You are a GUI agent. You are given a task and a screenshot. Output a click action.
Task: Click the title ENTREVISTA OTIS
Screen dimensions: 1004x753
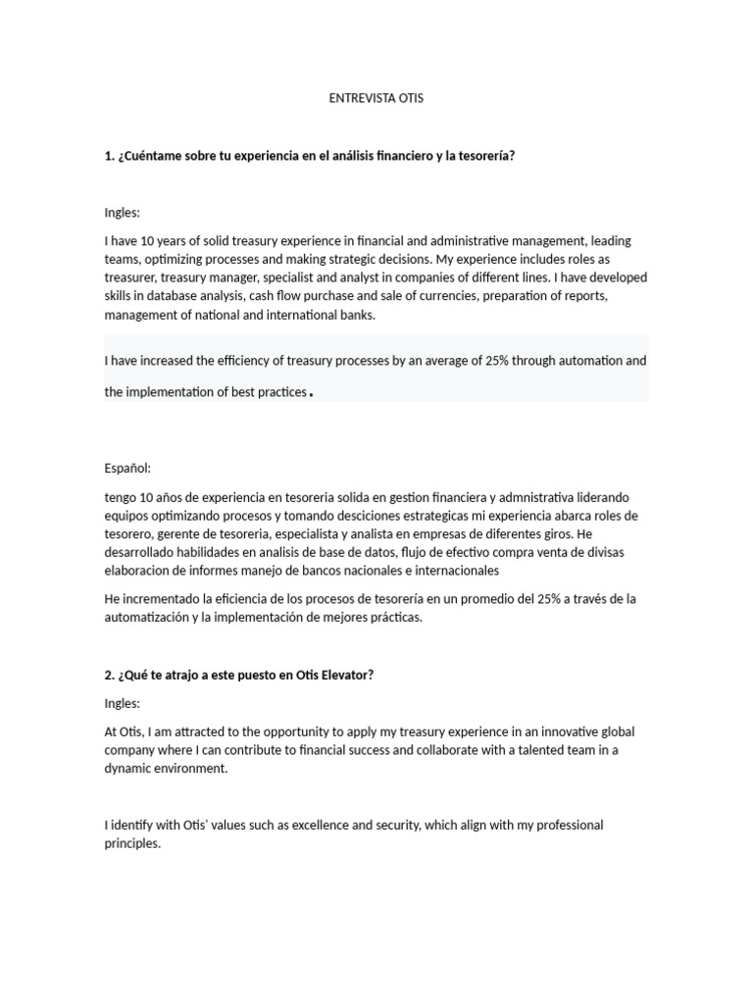coord(376,99)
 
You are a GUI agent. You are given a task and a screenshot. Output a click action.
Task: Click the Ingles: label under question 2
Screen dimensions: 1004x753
coord(123,703)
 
